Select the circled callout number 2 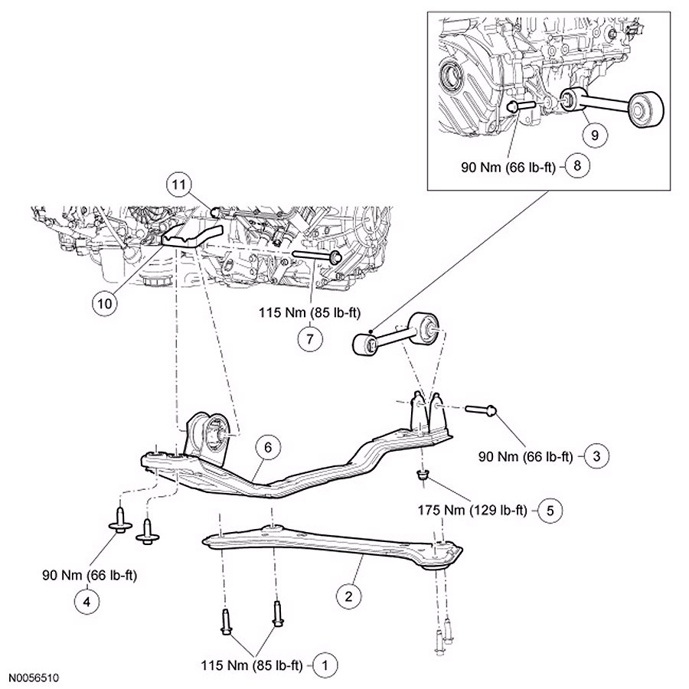pyautogui.click(x=348, y=592)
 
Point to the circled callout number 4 pyautogui.click(x=86, y=602)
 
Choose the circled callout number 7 pyautogui.click(x=309, y=340)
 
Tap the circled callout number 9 pyautogui.click(x=596, y=132)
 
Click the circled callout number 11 pyautogui.click(x=178, y=184)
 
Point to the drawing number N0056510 pyautogui.click(x=34, y=678)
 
